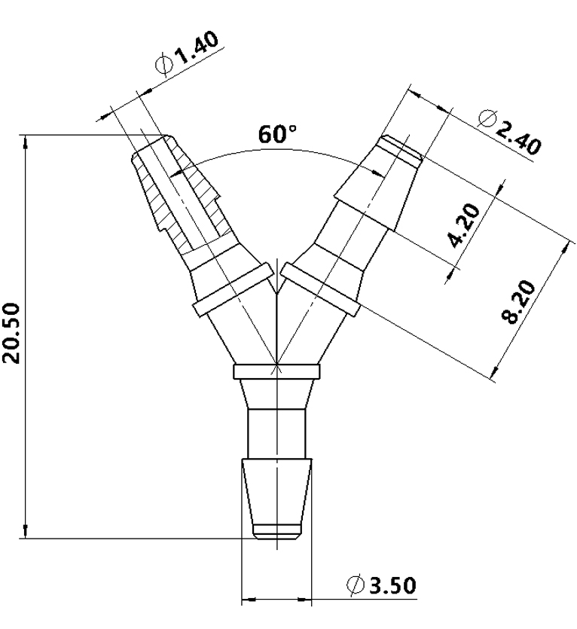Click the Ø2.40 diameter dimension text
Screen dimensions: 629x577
(x=510, y=132)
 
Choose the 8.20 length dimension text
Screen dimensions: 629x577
(x=520, y=301)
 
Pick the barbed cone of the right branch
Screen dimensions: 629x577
(x=377, y=185)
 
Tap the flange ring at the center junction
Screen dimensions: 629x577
(x=276, y=371)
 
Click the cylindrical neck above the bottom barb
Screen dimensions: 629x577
(x=277, y=433)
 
